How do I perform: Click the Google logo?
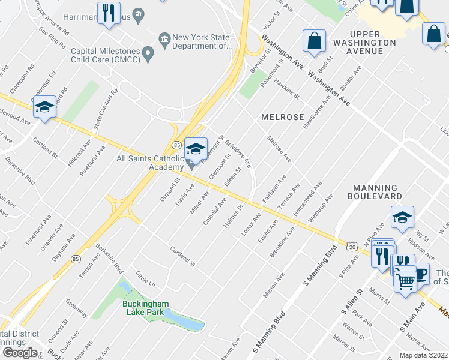19,353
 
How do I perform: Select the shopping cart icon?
406,281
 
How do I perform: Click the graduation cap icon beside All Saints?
195,150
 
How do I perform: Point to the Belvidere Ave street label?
238,155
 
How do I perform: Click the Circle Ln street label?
145,279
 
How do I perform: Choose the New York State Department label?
202,41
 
